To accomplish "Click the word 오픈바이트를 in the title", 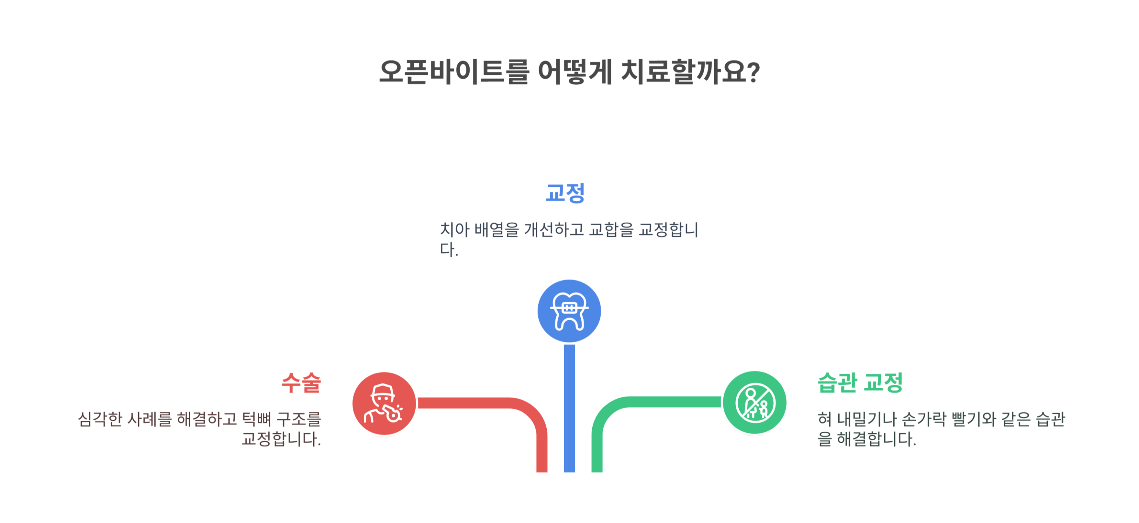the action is tap(454, 72).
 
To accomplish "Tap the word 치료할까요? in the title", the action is tap(690, 72).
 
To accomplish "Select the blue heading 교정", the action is tap(565, 193).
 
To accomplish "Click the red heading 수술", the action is tap(301, 382).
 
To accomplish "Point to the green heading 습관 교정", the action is tap(860, 382).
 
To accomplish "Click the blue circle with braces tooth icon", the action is tap(569, 311).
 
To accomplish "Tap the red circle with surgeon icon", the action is tap(384, 403).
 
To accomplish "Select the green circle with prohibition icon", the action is tap(754, 403).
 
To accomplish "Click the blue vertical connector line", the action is tap(569, 407).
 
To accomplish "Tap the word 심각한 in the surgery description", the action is tap(99, 419).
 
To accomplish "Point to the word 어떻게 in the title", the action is tap(575, 72).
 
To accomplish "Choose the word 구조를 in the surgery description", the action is tap(298, 419).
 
